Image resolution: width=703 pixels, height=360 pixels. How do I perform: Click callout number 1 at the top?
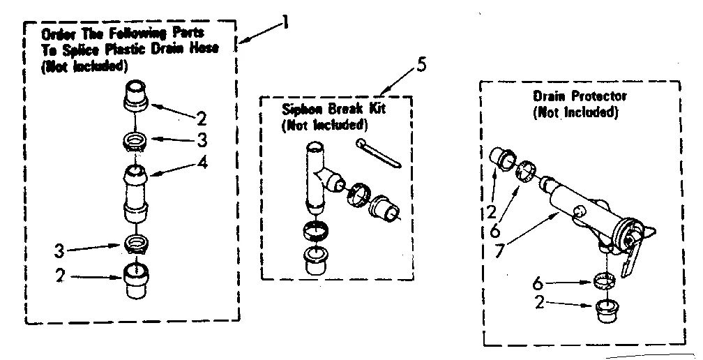[x=285, y=23]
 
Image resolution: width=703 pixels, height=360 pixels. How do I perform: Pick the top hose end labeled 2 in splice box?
[x=136, y=96]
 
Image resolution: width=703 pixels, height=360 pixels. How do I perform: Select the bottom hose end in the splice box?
[x=136, y=280]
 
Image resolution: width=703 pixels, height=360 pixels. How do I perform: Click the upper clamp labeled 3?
[x=136, y=142]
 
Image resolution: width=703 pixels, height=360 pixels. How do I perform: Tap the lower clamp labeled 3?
[x=136, y=243]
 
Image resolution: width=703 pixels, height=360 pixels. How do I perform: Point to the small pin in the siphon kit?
[x=378, y=153]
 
